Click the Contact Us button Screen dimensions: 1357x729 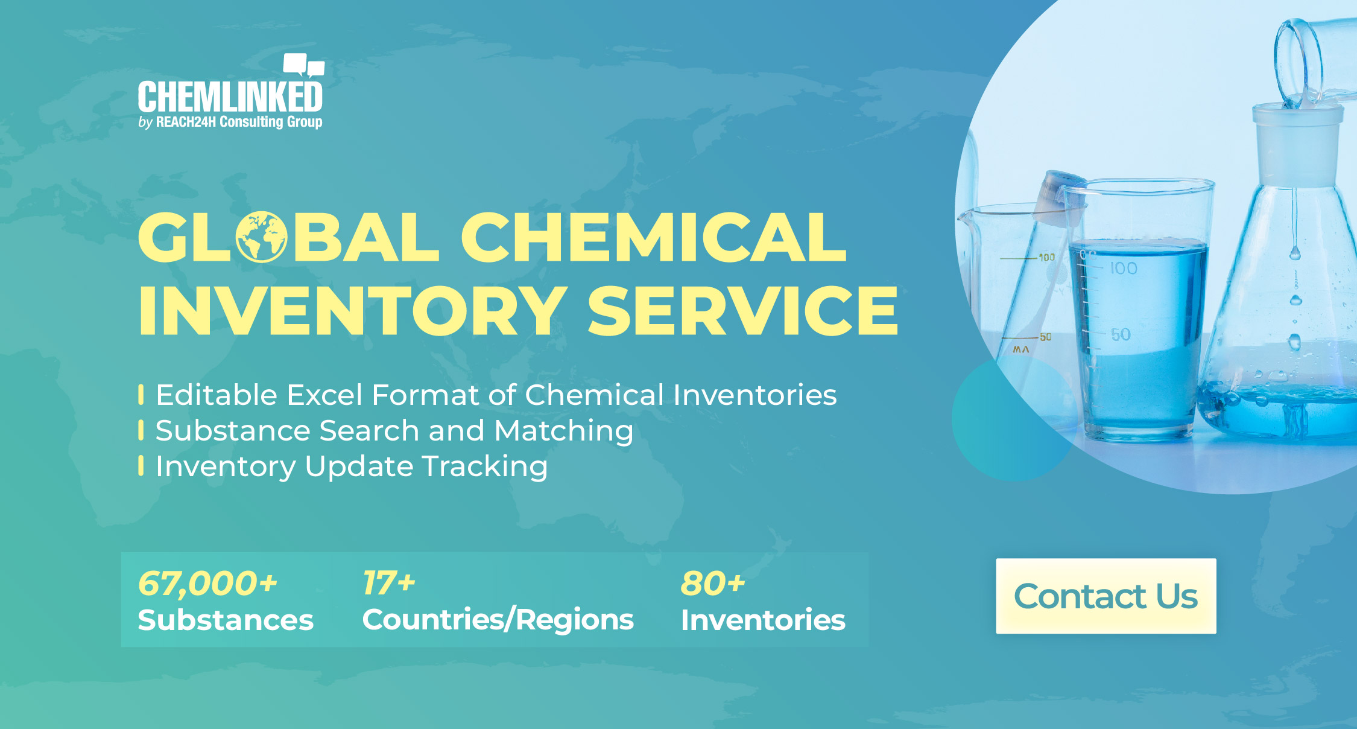[x=1106, y=596]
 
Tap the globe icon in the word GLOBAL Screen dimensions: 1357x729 [x=261, y=237]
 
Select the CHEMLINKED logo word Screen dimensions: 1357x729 [x=230, y=97]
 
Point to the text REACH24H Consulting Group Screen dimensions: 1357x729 [x=239, y=122]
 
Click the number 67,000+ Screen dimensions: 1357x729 [x=207, y=583]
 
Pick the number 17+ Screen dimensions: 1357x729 [x=389, y=583]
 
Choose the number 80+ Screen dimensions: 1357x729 [x=713, y=583]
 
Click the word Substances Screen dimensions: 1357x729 [x=226, y=620]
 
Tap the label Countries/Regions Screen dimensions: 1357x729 [x=498, y=620]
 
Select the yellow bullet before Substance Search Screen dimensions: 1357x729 [x=141, y=430]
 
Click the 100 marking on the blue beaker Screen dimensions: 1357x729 [x=1123, y=268]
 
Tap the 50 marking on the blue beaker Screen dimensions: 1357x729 [x=1121, y=334]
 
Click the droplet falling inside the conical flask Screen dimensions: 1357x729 [x=1294, y=252]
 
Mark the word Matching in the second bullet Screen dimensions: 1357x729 [x=564, y=431]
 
